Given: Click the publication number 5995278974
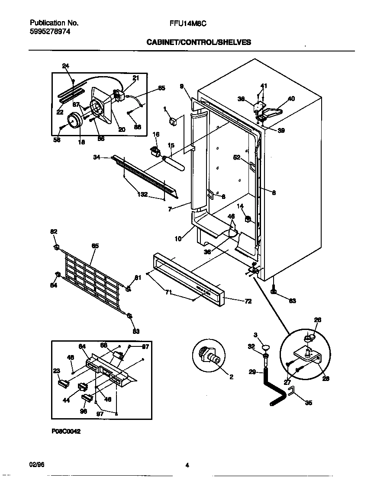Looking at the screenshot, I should [50, 32].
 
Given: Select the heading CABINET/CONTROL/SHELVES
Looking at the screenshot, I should [199, 42].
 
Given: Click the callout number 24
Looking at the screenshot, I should [66, 66].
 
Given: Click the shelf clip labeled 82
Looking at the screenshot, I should [56, 247].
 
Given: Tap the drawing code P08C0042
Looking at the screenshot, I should [66, 431].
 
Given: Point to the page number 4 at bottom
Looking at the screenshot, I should [187, 465].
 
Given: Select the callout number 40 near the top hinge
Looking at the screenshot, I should [291, 99].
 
